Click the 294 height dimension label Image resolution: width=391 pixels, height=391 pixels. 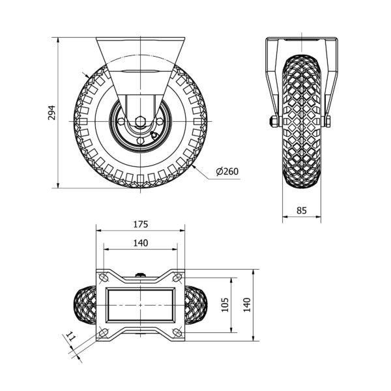pos(51,113)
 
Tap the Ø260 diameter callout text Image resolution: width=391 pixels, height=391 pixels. pos(227,171)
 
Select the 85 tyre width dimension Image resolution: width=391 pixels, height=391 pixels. pos(302,210)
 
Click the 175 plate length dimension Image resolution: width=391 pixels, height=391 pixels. pos(141,224)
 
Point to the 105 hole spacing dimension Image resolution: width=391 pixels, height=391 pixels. pos(225,305)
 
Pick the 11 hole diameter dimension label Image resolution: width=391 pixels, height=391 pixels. pos(70,337)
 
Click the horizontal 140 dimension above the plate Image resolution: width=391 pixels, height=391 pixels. pos(141,243)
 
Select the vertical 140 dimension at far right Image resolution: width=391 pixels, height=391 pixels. pos(246,305)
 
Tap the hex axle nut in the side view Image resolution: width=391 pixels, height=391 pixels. pos(140,121)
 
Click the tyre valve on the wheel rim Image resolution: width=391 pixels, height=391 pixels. pos(154,135)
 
